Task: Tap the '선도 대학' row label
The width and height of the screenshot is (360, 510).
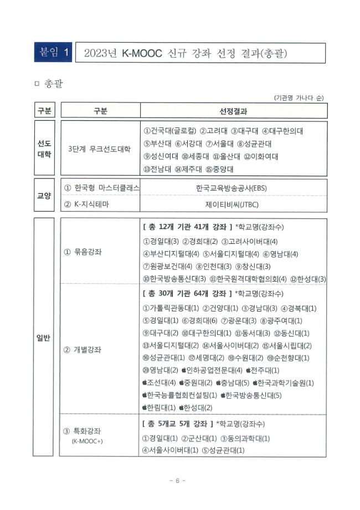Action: click(x=44, y=149)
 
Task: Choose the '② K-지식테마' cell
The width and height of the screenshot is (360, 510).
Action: click(x=92, y=204)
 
